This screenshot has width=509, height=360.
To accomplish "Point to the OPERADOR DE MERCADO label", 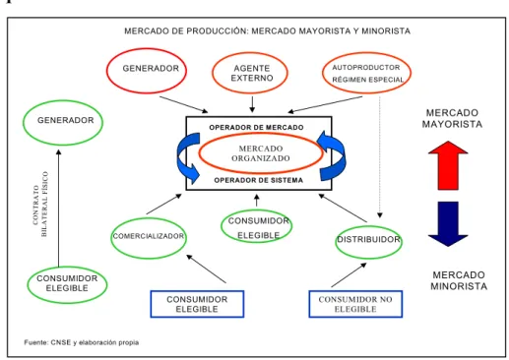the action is coord(256,127).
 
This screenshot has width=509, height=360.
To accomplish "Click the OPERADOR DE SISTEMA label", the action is coord(259,180).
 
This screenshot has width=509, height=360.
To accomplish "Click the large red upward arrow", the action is coord(448,165).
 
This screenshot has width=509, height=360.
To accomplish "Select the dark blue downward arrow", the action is coord(448,224).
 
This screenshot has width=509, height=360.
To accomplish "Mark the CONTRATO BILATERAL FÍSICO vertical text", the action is coord(40,204).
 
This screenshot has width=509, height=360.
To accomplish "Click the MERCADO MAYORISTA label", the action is coord(452,118).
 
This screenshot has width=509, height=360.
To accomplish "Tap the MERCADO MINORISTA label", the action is coord(459,280).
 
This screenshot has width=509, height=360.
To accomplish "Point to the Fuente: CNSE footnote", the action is coord(82,342).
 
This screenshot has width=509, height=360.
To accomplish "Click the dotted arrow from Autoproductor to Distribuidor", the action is coord(380,157).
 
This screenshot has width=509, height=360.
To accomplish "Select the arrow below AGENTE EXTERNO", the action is coord(252,104).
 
